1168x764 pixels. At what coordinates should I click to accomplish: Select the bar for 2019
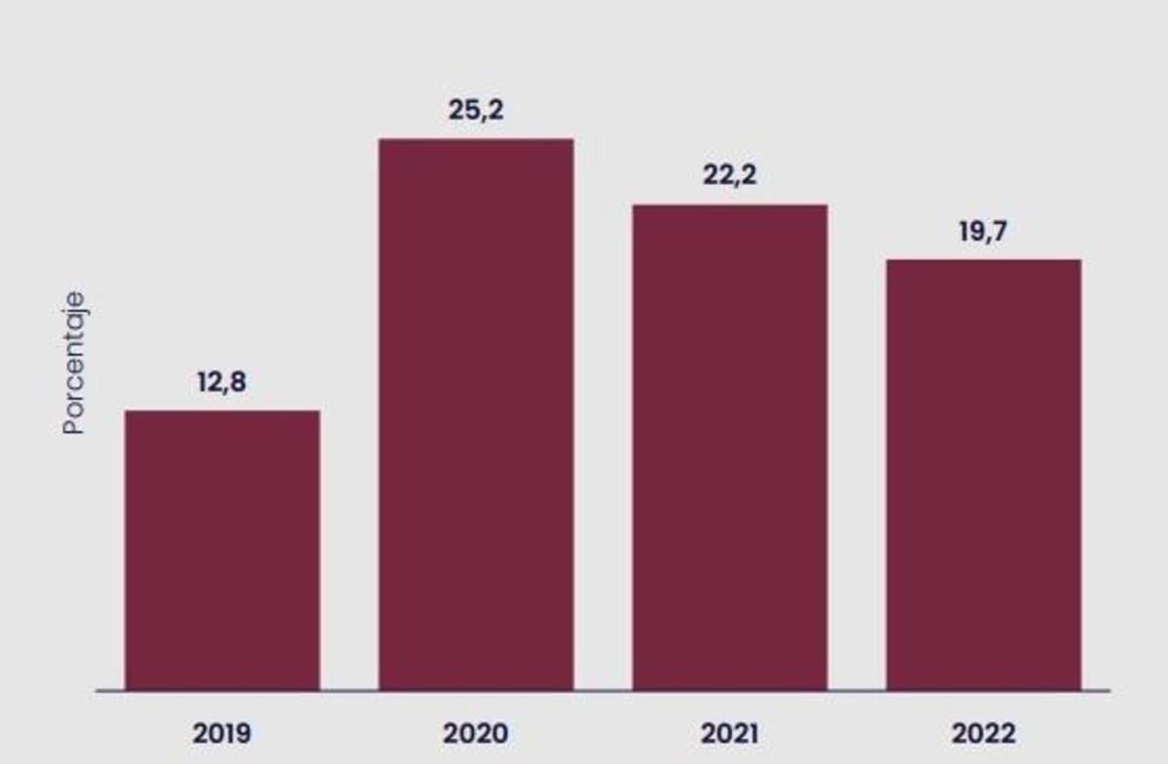click(x=223, y=550)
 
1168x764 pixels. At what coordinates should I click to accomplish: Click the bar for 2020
click(x=476, y=415)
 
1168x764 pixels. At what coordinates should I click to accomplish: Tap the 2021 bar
click(x=730, y=448)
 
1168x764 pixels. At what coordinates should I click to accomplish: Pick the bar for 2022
click(x=984, y=475)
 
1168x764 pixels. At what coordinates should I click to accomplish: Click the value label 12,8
click(x=222, y=382)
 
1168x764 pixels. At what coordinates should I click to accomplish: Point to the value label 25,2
click(x=476, y=111)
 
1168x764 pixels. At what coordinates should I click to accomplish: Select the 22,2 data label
click(x=729, y=175)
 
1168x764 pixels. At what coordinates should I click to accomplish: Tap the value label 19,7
click(x=983, y=232)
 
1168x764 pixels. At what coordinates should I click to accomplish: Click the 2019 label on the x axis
click(x=222, y=734)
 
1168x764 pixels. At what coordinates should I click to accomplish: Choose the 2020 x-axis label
click(x=476, y=734)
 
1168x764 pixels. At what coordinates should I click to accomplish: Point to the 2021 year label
click(x=729, y=734)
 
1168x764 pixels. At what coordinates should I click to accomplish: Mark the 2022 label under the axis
click(x=983, y=734)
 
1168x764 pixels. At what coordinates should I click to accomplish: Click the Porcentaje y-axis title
click(x=74, y=363)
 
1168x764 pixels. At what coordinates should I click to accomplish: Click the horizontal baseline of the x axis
click(x=602, y=691)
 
